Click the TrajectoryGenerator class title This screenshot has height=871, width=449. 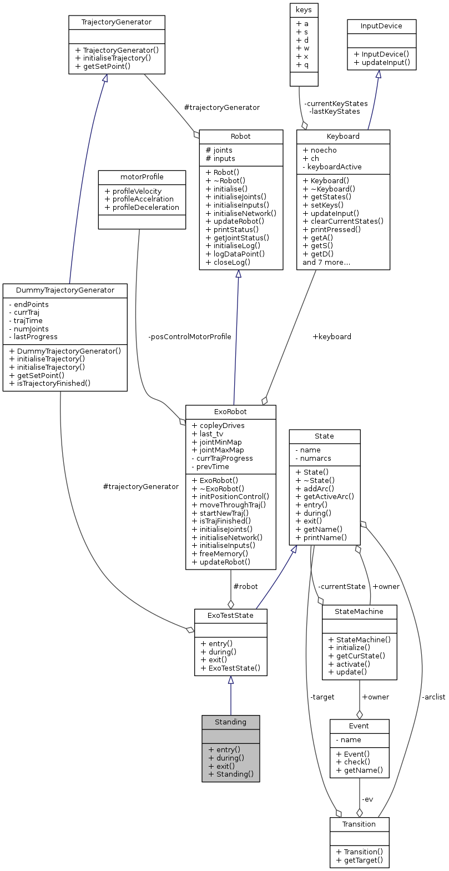tap(117, 22)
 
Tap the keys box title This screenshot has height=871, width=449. tap(304, 9)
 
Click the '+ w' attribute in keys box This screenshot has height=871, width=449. tap(302, 48)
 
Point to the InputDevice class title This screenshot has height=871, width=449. tap(381, 26)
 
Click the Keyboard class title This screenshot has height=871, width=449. tap(343, 136)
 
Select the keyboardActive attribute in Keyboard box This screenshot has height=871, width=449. tap(332, 167)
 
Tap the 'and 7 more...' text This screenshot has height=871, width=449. tap(326, 262)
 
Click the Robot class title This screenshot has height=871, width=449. tap(240, 136)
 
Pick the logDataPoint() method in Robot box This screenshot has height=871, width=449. tap(235, 254)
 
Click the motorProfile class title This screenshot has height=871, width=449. tap(142, 177)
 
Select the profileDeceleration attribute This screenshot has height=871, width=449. tap(142, 207)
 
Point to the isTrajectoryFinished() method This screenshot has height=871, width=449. tap(49, 383)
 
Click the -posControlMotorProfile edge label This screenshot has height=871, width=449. tap(189, 336)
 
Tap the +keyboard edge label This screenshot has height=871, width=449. tap(332, 336)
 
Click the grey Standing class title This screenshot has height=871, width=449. tap(230, 722)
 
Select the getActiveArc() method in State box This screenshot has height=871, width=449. tap(325, 496)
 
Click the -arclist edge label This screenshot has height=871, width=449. tap(433, 697)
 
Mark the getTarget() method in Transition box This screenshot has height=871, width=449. tap(359, 860)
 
